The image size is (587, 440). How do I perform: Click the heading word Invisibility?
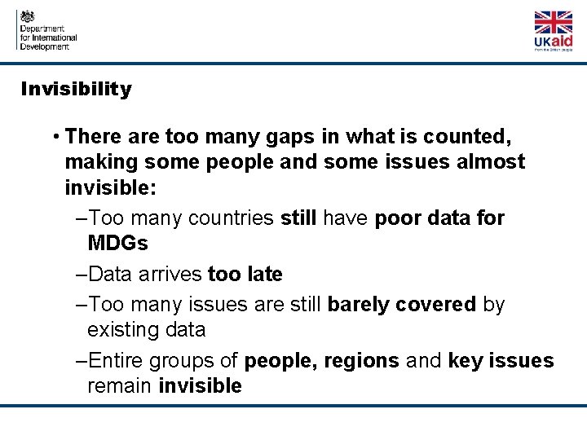pyautogui.click(x=76, y=90)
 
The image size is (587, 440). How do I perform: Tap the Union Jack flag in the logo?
pyautogui.click(x=553, y=22)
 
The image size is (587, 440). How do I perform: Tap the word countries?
pyautogui.click(x=232, y=218)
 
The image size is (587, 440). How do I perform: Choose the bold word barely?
pyautogui.click(x=358, y=305)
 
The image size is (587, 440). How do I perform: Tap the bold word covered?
pyautogui.click(x=436, y=305)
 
